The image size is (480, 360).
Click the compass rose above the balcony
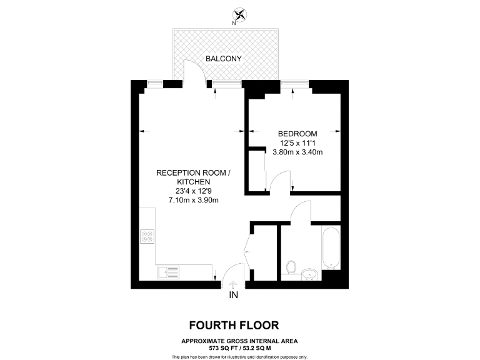[240, 14]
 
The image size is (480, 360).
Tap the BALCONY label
[224, 59]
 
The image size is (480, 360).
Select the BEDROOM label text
[297, 134]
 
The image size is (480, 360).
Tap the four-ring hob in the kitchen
[149, 237]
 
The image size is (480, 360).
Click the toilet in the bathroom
[291, 267]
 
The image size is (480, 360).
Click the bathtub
[331, 249]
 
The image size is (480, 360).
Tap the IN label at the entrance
[234, 295]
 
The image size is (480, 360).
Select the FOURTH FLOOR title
[234, 325]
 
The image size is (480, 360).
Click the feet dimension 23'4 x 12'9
[192, 191]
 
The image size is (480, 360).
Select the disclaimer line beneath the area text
[240, 356]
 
